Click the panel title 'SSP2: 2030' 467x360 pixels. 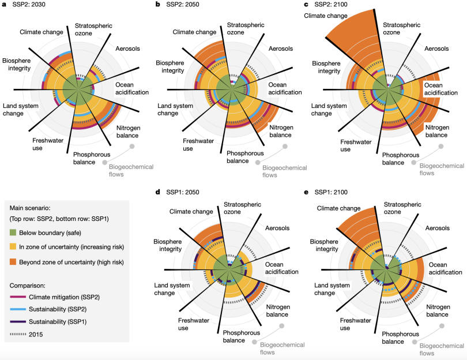click(29, 5)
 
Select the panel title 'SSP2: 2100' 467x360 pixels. click(331, 5)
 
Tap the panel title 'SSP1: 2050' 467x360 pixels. click(183, 192)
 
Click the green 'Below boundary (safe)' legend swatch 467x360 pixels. click(13, 232)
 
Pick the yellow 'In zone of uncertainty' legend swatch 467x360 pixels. click(13, 247)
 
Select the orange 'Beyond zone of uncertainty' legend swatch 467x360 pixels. click(13, 262)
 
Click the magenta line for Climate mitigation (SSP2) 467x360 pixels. click(18, 297)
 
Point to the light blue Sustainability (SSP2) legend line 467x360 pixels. click(18, 309)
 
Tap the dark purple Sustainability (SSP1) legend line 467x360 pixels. click(18, 322)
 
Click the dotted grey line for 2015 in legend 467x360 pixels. click(18, 335)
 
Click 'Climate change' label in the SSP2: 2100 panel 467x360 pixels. click(326, 16)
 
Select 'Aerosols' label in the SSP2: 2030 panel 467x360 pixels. click(127, 48)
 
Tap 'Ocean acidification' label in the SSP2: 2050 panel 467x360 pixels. click(285, 88)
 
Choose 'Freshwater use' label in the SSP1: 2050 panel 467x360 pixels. click(194, 324)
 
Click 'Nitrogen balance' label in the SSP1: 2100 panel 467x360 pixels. click(438, 310)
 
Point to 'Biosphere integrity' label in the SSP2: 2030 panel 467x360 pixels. click(16, 65)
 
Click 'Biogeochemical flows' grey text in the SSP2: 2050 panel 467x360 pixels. click(284, 171)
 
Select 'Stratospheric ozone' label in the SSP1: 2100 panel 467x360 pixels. click(402, 208)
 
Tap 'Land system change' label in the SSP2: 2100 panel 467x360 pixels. click(329, 110)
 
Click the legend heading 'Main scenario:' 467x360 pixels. click(30, 208)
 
